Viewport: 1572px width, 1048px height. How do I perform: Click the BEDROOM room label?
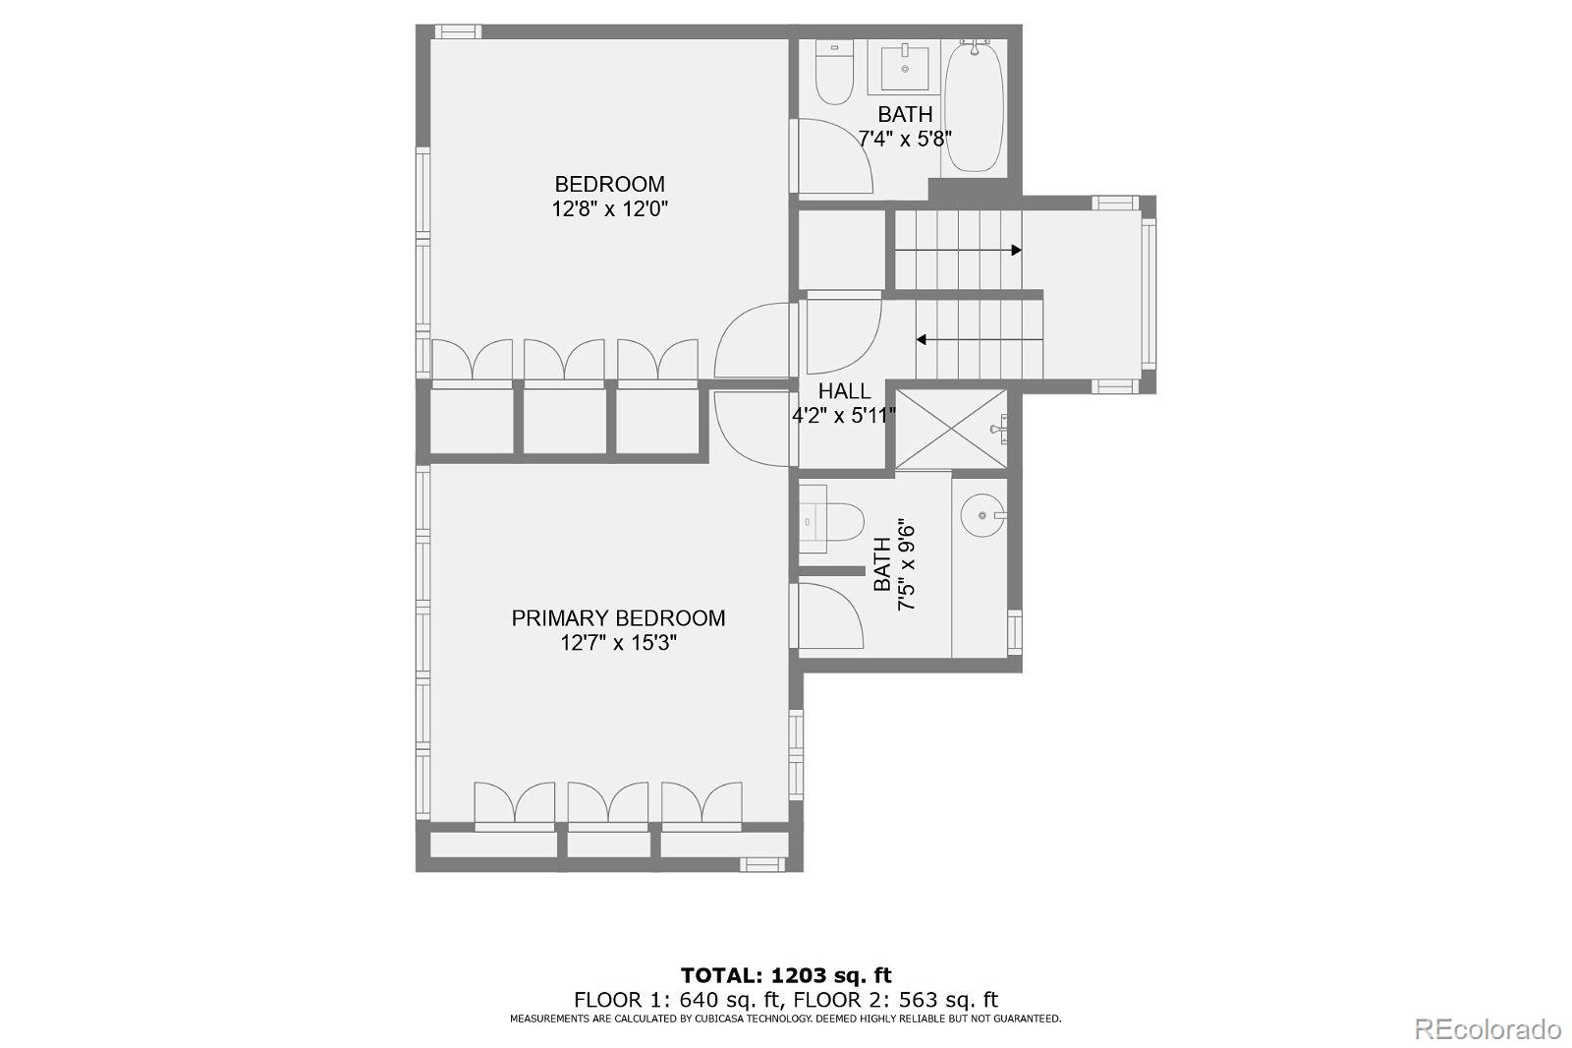[x=609, y=184]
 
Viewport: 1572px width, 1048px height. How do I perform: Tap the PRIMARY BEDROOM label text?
[x=618, y=617]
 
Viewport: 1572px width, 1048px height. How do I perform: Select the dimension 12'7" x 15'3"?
[x=618, y=643]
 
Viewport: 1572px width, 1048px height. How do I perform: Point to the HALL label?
[x=844, y=391]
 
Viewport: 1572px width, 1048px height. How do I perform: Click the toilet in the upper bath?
[x=834, y=74]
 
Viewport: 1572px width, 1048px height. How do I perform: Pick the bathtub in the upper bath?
[x=973, y=106]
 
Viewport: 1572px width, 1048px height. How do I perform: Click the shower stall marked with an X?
[x=950, y=430]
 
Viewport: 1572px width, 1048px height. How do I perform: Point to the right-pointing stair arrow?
[x=958, y=251]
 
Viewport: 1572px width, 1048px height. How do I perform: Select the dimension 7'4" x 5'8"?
[x=904, y=139]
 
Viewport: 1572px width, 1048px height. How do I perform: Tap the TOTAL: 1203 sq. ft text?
[x=786, y=975]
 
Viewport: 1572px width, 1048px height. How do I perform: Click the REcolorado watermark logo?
[x=1487, y=1029]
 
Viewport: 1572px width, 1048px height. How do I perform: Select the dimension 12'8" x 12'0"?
[x=609, y=208]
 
